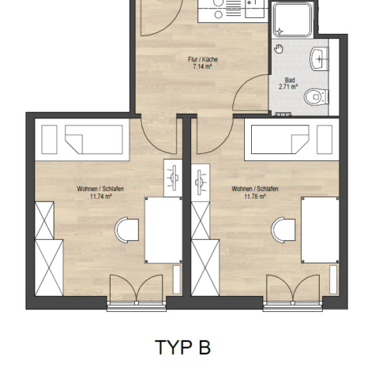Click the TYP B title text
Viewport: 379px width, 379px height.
coord(183,347)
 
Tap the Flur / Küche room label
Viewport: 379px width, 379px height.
coord(203,59)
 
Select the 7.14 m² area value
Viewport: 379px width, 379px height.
coord(202,66)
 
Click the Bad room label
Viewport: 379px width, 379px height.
coord(290,80)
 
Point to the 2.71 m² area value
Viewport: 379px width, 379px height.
coord(288,87)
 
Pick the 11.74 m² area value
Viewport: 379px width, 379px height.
coord(101,196)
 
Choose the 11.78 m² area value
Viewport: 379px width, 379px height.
coord(255,196)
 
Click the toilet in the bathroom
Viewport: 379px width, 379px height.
coord(317,97)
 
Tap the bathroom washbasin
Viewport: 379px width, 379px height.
coord(319,59)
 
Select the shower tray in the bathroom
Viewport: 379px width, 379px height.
coord(292,19)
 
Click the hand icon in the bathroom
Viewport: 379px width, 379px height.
coord(279,49)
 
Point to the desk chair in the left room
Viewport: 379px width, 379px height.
coord(127,230)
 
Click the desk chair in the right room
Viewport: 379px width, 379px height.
coord(283,230)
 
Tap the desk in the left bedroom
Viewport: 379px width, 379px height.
coord(163,230)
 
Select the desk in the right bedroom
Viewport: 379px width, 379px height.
coord(320,230)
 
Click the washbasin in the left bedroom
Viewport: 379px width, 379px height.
coord(173,178)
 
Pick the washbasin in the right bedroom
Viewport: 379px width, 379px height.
coord(201,180)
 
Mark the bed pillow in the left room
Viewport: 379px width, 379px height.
coord(49,140)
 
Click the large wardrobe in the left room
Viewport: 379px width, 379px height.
coord(49,268)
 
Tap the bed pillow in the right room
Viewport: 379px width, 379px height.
coord(325,140)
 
